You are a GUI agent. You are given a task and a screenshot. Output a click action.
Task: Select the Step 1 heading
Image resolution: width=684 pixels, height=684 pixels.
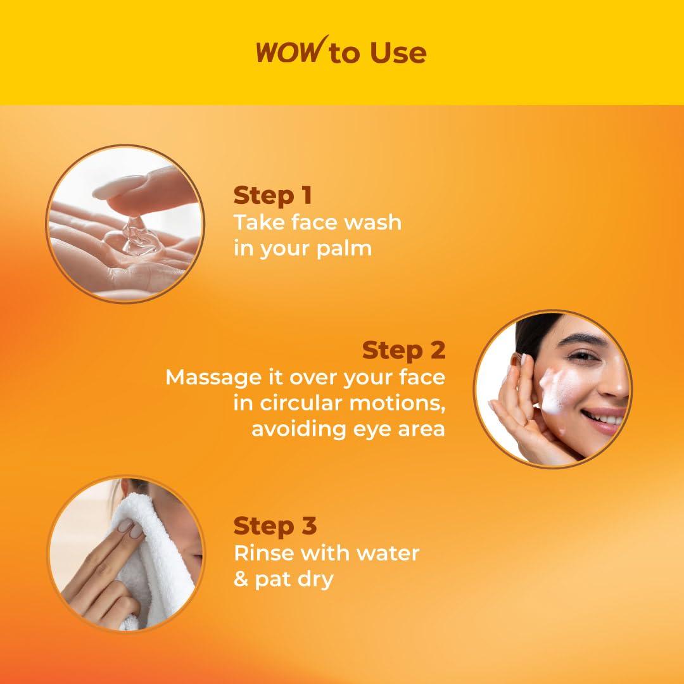coord(272,196)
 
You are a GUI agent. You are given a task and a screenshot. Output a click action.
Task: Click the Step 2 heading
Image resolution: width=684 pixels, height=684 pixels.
coord(403,350)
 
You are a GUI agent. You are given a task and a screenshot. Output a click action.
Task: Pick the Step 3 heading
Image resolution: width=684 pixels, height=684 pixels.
coord(275,526)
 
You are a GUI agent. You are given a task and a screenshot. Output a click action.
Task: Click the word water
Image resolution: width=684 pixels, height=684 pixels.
coord(386,553)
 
